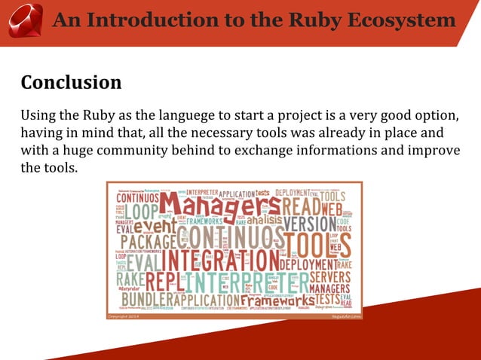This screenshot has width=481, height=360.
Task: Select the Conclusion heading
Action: pos(71,82)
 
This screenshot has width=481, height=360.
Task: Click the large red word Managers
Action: pos(219,205)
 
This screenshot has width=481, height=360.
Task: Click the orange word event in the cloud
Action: pos(155,224)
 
